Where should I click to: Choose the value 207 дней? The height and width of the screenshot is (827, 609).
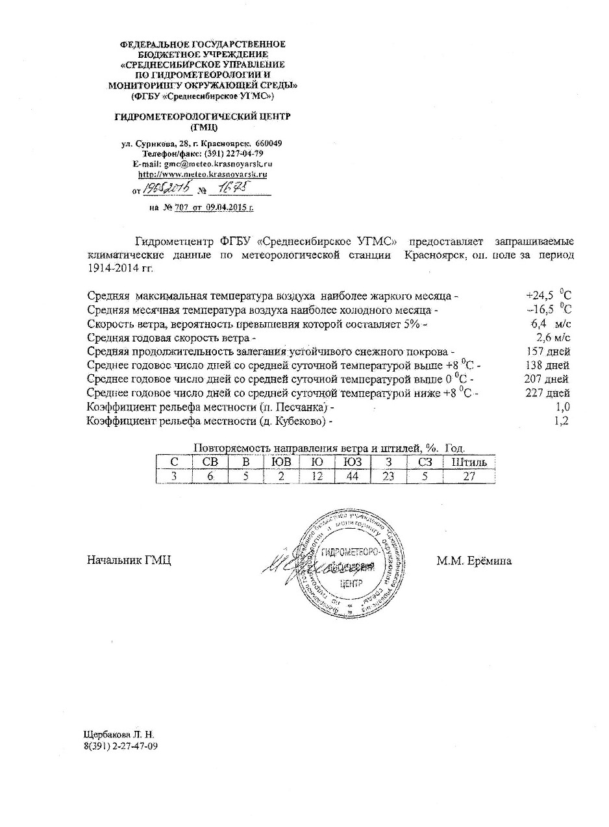pos(547,379)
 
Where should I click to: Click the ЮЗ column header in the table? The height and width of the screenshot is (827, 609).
pos(352,463)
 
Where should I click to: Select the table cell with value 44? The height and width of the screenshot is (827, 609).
pos(352,476)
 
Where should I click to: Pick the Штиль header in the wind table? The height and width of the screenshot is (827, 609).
pos(465,463)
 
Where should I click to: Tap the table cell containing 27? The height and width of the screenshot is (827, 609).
pos(465,476)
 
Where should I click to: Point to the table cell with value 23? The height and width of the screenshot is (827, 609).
pos(388,476)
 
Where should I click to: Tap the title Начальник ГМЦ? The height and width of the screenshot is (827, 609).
pos(129,561)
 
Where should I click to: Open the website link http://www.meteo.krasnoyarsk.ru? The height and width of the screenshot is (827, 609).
pos(203,174)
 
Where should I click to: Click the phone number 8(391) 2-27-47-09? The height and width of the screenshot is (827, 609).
pos(121,746)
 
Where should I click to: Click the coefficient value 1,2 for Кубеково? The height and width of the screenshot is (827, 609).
pos(562,421)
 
